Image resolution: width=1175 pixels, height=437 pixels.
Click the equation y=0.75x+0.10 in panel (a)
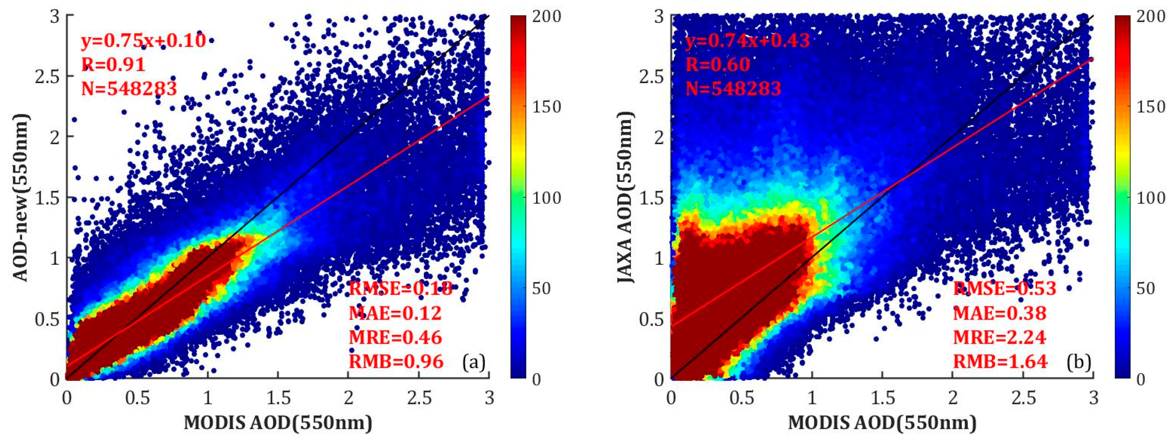(143, 41)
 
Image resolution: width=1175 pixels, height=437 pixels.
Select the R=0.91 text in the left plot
(113, 64)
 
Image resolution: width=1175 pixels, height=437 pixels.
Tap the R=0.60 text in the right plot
(718, 64)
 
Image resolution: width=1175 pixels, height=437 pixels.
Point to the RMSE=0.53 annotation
(1004, 288)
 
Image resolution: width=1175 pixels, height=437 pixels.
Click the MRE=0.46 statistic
(395, 337)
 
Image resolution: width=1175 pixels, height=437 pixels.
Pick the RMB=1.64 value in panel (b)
(1000, 361)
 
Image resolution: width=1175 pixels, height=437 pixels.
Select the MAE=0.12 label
(395, 313)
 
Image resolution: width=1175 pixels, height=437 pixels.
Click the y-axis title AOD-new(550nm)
(20, 197)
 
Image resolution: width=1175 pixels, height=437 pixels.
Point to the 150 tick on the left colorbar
(546, 107)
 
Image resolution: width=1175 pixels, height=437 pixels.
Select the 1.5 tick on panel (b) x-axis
(882, 398)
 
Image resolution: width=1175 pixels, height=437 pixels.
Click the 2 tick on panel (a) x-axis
(349, 398)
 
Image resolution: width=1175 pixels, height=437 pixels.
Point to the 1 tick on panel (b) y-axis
(659, 258)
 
